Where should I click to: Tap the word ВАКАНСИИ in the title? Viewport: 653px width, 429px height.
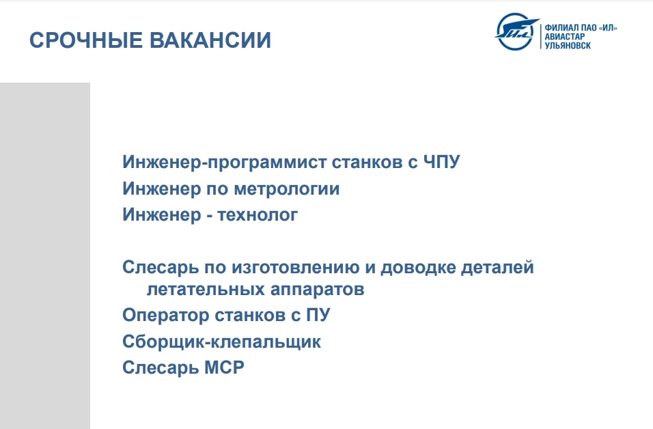click(x=210, y=40)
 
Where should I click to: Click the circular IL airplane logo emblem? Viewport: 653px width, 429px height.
click(x=516, y=31)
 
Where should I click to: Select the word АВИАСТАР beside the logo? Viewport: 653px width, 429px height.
click(x=564, y=37)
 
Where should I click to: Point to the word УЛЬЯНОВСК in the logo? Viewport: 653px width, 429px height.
click(x=568, y=45)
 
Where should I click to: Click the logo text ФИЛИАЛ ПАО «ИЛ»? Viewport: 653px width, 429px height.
click(x=581, y=28)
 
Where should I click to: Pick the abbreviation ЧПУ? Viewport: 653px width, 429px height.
click(x=441, y=162)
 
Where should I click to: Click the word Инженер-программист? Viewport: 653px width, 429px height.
click(x=225, y=163)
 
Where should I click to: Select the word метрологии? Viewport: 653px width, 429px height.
click(x=286, y=189)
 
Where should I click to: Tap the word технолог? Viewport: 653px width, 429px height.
click(x=258, y=215)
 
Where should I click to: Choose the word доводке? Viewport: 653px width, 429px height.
click(x=418, y=267)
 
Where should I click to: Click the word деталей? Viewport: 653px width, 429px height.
click(x=497, y=267)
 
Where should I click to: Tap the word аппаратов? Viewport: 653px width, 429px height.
click(x=318, y=290)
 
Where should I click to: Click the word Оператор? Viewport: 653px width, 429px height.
click(x=166, y=316)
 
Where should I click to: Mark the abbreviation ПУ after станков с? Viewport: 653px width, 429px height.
click(x=318, y=315)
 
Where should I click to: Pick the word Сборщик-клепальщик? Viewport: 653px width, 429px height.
click(x=221, y=342)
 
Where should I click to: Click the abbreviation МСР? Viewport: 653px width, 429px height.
click(x=225, y=368)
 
